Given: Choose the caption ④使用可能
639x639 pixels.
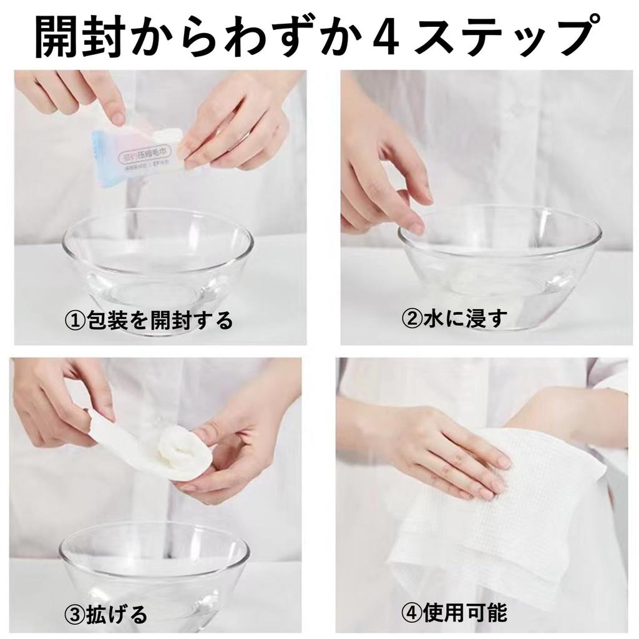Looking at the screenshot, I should pyautogui.click(x=455, y=613).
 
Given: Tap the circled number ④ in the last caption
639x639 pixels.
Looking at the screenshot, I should pyautogui.click(x=412, y=613).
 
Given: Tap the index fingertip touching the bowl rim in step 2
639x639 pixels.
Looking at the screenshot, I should pyautogui.click(x=415, y=228).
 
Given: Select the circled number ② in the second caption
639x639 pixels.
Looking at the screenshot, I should pyautogui.click(x=412, y=319).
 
